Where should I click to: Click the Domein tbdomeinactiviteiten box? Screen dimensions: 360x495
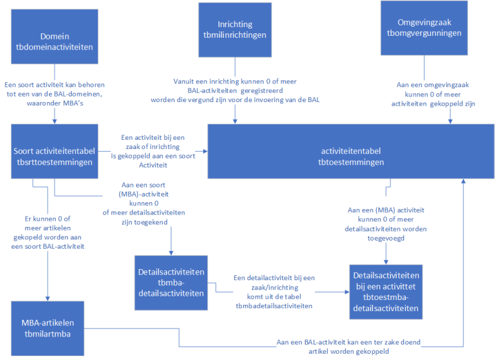click(54, 36)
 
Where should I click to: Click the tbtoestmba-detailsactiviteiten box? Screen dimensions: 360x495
click(387, 291)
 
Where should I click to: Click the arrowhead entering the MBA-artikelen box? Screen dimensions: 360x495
click(47, 298)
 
